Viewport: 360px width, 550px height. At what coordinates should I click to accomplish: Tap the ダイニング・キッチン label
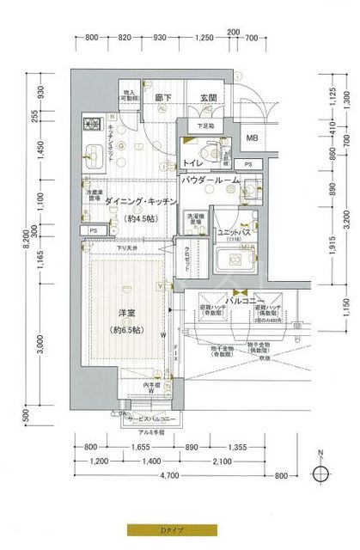pos(141,201)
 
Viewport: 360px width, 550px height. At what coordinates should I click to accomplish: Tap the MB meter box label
pos(252,137)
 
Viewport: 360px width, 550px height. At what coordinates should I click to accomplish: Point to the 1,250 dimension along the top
pos(204,39)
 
